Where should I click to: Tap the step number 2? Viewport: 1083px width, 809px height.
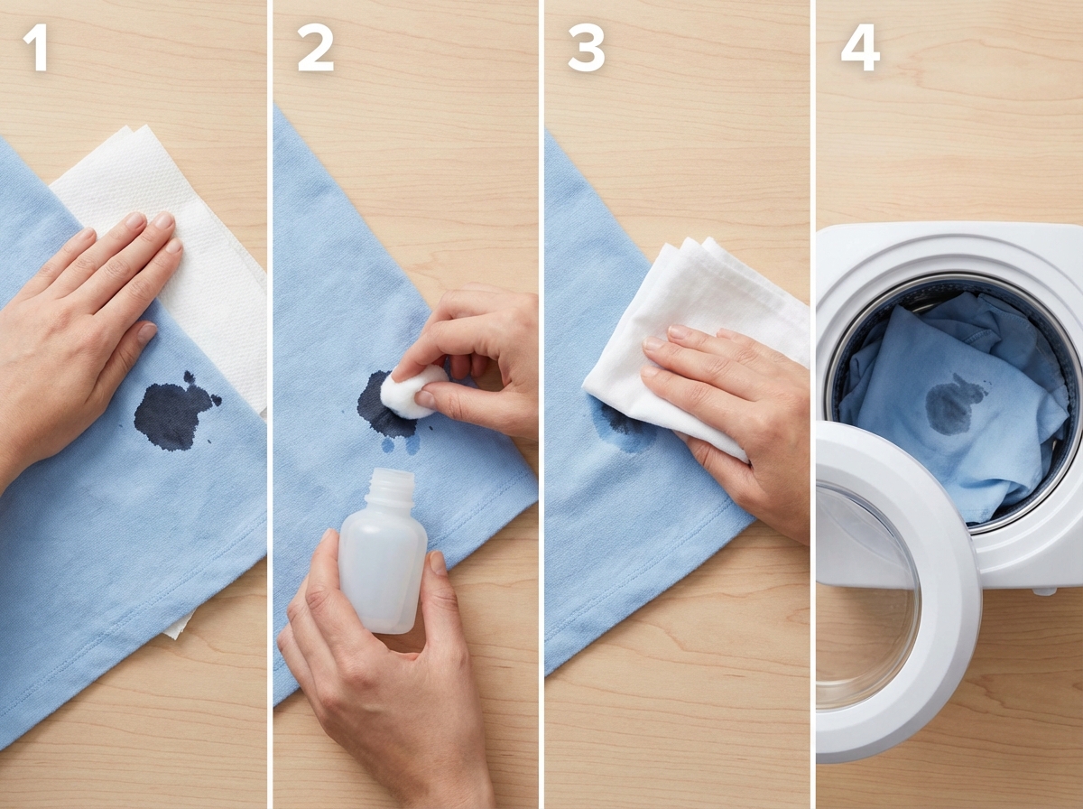point(315,48)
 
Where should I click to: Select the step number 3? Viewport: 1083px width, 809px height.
point(586,48)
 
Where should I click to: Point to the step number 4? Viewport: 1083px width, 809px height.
point(860,48)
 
